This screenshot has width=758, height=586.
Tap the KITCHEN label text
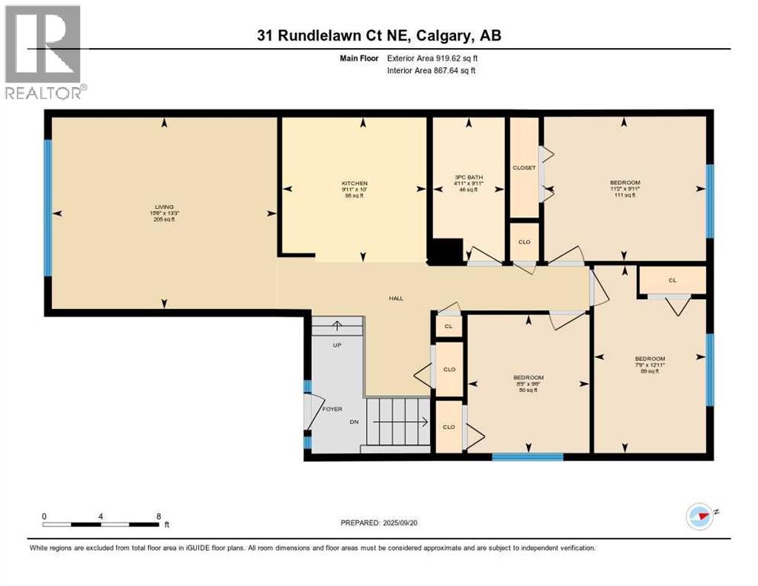355,184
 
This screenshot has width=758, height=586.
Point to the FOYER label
332,409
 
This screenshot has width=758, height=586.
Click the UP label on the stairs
336,345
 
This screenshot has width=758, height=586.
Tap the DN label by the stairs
353,422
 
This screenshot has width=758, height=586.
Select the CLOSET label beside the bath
524,168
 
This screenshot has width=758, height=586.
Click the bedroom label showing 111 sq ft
625,182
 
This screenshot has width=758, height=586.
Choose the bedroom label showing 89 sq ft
650,359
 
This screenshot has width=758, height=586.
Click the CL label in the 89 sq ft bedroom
672,280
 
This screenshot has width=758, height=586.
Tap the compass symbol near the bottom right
699,516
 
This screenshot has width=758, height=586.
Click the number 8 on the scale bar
158,516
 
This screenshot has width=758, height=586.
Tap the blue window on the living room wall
47,207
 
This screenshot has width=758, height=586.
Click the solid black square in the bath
446,251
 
